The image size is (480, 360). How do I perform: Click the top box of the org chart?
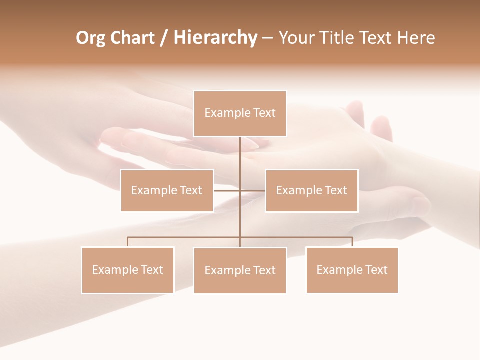click(240, 113)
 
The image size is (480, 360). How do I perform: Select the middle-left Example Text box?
click(167, 190)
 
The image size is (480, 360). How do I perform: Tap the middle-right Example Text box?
click(311, 190)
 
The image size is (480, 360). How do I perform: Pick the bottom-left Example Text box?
click(127, 270)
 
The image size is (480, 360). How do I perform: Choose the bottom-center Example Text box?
click(240, 270)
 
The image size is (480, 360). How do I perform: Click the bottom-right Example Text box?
click(352, 270)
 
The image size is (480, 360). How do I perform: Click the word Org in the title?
click(90, 38)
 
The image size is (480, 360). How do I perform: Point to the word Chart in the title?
click(132, 38)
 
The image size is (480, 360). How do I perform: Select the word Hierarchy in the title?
click(215, 38)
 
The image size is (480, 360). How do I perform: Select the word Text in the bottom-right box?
click(376, 270)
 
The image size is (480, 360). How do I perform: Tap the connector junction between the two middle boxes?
click(240, 190)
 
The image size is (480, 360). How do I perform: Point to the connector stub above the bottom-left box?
click(127, 242)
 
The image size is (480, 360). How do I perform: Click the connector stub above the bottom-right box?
click(352, 242)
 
